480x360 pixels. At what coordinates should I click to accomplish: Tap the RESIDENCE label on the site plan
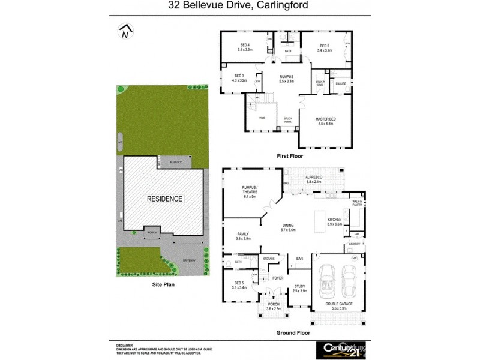(x=165, y=198)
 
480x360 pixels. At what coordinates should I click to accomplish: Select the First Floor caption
(x=290, y=155)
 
